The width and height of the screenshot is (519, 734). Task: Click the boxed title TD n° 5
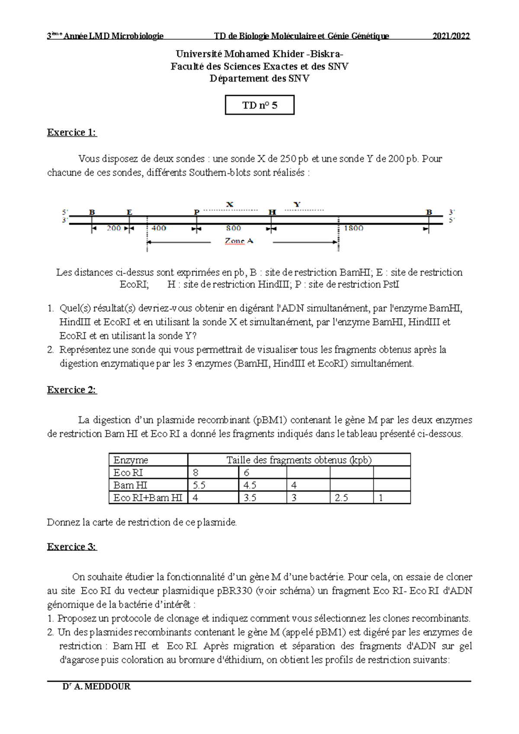point(259,105)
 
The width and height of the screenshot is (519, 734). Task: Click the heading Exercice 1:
point(72,132)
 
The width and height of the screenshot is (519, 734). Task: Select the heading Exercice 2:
point(72,389)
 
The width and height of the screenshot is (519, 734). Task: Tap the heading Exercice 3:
point(72,546)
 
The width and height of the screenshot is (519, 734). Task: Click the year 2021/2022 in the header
point(451,36)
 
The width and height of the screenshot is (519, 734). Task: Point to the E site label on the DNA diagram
point(129,212)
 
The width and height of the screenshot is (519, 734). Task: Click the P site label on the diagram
point(196,212)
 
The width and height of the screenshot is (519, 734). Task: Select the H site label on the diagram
point(272,212)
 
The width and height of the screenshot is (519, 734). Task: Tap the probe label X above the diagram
point(230,204)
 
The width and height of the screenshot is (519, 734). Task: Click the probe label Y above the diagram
point(297,204)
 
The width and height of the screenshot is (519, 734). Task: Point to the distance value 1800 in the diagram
point(353,228)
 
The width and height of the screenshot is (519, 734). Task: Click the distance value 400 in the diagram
point(159,228)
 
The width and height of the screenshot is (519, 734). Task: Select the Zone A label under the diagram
point(239,241)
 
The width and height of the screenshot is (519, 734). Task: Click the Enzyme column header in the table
point(131,460)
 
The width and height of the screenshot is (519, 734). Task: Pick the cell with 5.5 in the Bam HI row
point(199,485)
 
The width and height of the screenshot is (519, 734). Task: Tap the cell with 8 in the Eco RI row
point(195,472)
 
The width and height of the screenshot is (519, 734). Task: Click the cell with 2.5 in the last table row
point(341,498)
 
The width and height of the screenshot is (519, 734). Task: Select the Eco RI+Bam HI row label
point(147,498)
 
